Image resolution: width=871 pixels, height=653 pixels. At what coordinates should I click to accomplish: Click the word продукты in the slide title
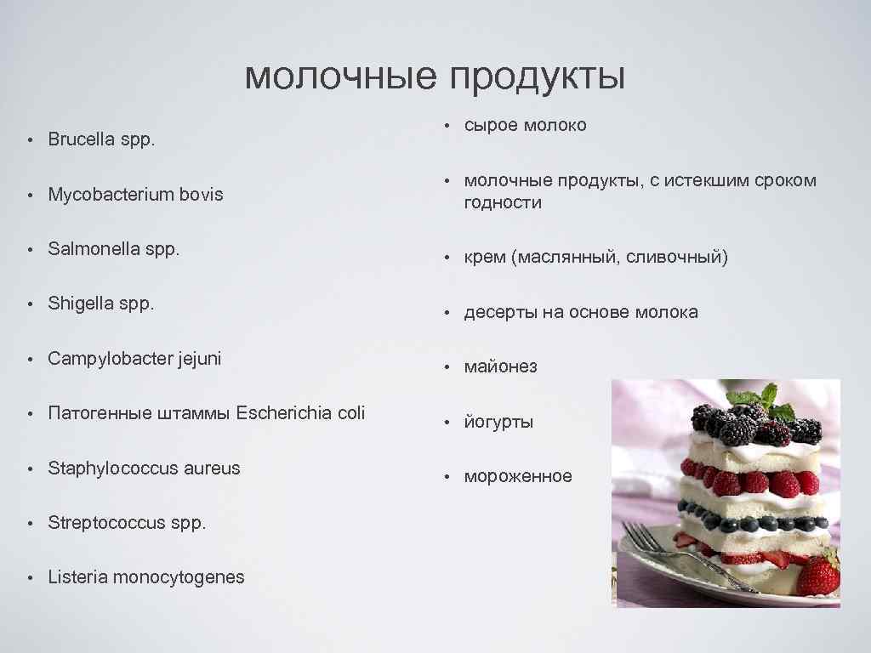pyautogui.click(x=538, y=78)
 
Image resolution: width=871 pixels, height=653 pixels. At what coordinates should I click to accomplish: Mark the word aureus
pyautogui.click(x=210, y=468)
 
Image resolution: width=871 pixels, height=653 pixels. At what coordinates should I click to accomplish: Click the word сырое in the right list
pyautogui.click(x=490, y=125)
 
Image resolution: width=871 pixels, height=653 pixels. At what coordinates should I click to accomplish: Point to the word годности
pyautogui.click(x=503, y=202)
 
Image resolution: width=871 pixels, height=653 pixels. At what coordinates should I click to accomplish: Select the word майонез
pyautogui.click(x=500, y=367)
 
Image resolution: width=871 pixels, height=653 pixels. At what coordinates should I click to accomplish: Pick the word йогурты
pyautogui.click(x=498, y=422)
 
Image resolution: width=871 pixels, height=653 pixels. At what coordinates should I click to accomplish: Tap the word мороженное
pyautogui.click(x=518, y=476)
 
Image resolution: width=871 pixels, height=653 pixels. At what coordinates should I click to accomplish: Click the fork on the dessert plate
pyautogui.click(x=672, y=550)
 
